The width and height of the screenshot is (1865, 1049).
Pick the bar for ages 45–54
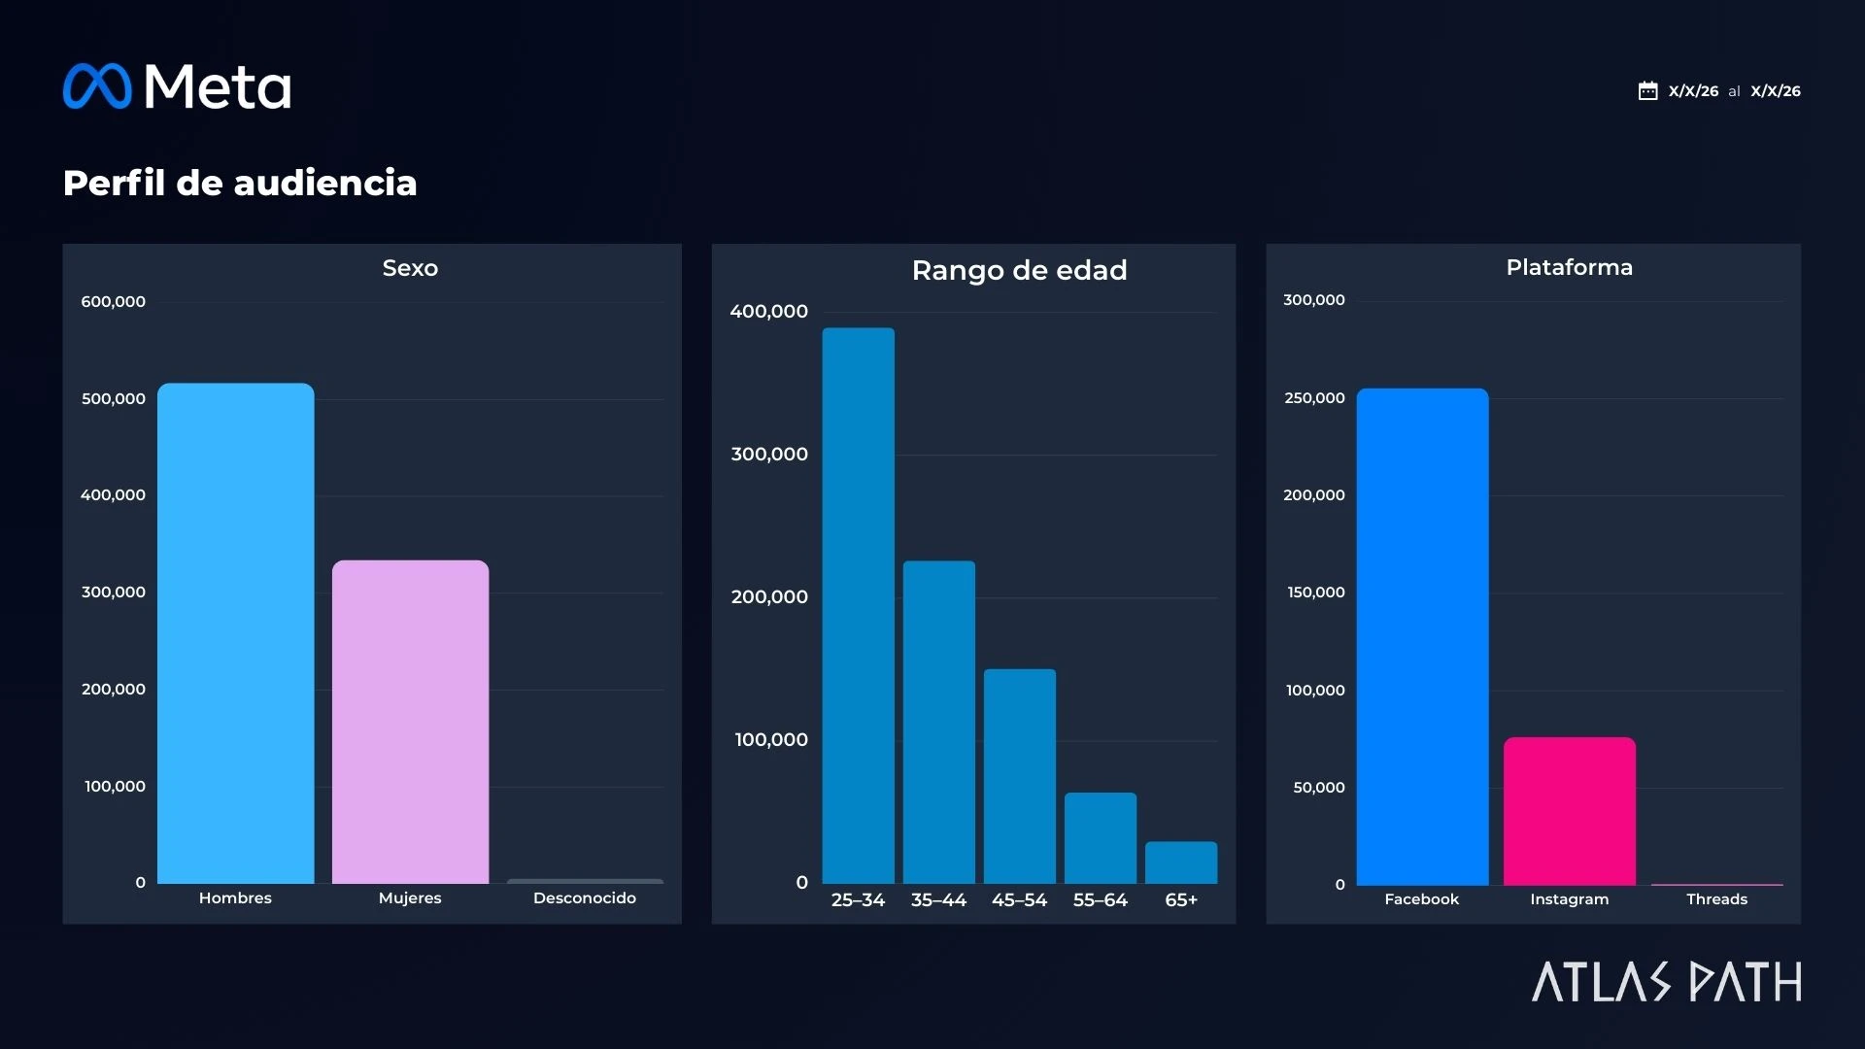coord(1019,776)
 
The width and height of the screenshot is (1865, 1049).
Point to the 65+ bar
coord(1180,863)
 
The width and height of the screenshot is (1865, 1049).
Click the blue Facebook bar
coord(1422,636)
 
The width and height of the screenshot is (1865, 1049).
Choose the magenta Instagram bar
coord(1569,811)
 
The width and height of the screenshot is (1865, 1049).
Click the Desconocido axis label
coord(584,898)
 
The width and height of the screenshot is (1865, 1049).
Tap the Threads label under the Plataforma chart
coord(1716,899)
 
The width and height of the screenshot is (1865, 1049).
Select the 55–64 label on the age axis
coord(1100,900)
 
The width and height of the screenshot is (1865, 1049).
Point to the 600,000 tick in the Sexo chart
coord(113,302)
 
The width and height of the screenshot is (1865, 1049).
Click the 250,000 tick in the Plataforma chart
coord(1314,398)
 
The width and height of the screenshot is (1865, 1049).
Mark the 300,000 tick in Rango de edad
coord(769,455)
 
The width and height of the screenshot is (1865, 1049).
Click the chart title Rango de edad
coord(1019,270)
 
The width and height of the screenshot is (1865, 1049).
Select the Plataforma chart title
coord(1569,267)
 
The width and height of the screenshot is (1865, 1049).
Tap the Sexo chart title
coord(410,268)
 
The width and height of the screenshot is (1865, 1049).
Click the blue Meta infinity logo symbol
coord(97,86)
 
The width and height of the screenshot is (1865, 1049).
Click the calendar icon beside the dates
coord(1647,91)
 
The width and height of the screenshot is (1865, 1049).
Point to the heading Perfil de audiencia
coord(240,183)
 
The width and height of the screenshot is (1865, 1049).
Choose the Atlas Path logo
coord(1667,982)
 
